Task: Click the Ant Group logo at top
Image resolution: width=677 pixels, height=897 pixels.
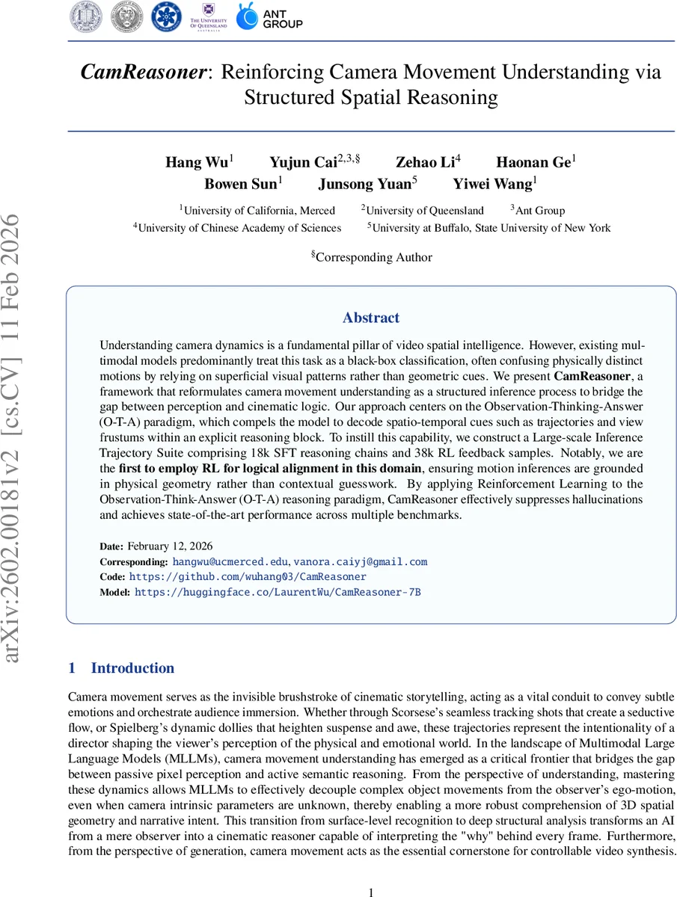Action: click(270, 16)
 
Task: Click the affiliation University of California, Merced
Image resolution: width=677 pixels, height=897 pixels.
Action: click(258, 210)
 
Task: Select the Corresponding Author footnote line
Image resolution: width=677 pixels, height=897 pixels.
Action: click(371, 256)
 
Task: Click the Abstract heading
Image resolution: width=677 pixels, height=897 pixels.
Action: click(371, 318)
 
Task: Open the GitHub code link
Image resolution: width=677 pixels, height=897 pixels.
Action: click(248, 576)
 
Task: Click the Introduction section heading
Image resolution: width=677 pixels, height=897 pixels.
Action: click(132, 668)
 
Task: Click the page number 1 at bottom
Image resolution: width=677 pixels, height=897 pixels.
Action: click(372, 891)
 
